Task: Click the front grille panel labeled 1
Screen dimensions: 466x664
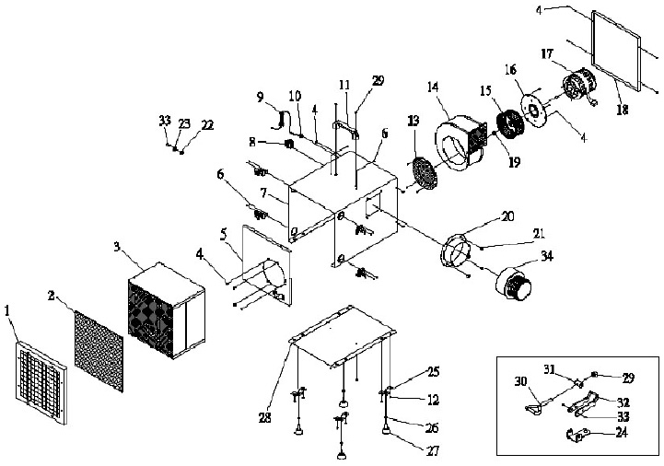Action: point(42,382)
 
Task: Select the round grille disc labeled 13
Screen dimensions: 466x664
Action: point(422,174)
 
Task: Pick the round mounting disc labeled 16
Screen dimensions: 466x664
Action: point(531,108)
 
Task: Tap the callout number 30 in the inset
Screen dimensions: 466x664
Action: point(520,380)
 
